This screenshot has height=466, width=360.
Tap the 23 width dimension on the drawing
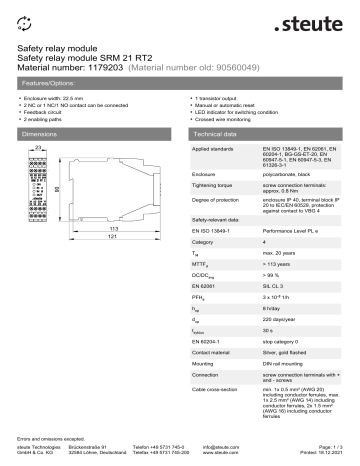tap(37, 148)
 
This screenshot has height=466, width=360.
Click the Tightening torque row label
tap(214, 196)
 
